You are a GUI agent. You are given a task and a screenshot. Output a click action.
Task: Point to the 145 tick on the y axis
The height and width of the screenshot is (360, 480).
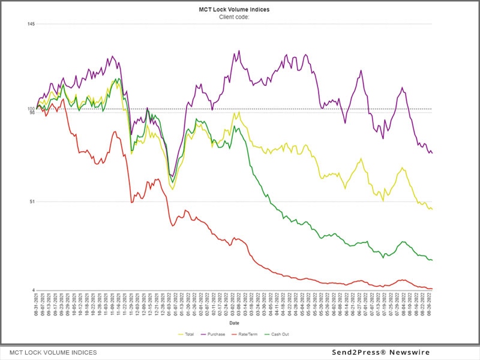point(31,24)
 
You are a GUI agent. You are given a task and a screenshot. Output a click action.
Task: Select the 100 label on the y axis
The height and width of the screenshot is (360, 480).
point(31,109)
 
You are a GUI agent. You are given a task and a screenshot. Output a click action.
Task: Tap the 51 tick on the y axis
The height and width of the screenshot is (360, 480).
point(32,202)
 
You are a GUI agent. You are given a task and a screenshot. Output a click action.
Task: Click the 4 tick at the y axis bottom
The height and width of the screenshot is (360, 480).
point(33,290)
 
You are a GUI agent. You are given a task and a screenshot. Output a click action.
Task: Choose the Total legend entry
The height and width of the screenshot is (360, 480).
point(188,334)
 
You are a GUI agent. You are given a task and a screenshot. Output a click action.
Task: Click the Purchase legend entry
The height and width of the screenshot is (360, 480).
point(215,334)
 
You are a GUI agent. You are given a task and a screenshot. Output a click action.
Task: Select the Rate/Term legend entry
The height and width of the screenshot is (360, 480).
point(246,334)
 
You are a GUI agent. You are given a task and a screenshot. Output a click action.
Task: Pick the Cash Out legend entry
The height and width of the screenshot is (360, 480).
point(280,334)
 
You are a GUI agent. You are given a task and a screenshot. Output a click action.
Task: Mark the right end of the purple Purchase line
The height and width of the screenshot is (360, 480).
point(432,153)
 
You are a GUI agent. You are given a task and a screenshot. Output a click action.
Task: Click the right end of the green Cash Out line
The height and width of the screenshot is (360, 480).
point(432,260)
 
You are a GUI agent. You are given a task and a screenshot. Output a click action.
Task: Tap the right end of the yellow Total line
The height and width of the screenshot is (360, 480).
point(432,209)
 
